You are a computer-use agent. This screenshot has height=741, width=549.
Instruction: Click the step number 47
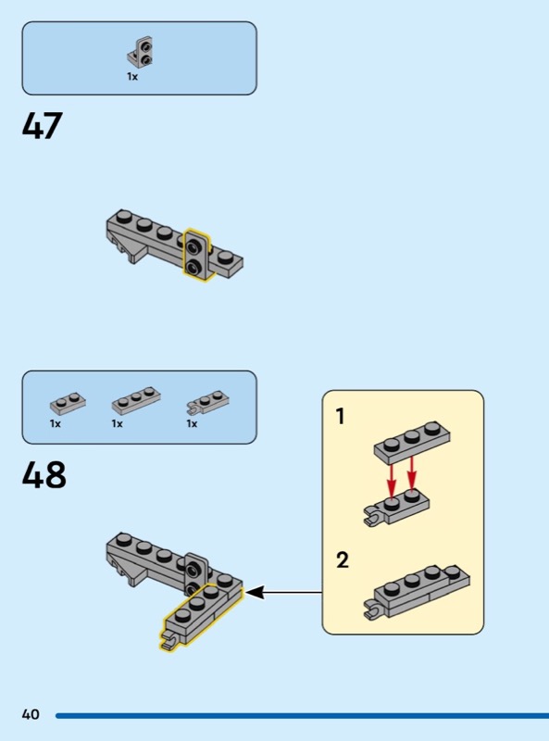click(42, 125)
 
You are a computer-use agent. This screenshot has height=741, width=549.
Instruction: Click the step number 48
click(44, 474)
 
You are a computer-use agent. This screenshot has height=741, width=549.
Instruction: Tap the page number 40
click(31, 714)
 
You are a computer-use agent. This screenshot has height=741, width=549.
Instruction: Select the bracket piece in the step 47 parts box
click(141, 52)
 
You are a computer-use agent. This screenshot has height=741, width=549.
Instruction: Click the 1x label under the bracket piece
click(132, 77)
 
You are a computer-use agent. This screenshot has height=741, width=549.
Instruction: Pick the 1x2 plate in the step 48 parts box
click(68, 403)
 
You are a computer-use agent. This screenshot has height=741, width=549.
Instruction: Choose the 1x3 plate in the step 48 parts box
click(136, 401)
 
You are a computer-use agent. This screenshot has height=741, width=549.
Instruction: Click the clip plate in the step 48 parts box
click(208, 401)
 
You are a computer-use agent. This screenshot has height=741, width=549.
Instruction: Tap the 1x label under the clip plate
click(192, 424)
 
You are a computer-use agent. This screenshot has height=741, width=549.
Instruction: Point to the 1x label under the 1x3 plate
click(118, 424)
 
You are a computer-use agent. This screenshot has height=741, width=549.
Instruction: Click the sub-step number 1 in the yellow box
click(340, 416)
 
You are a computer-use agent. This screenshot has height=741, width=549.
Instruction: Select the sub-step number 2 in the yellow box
click(342, 559)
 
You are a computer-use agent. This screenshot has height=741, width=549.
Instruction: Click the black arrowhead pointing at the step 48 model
click(255, 592)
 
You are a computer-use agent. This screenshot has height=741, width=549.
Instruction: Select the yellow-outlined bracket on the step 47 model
click(196, 255)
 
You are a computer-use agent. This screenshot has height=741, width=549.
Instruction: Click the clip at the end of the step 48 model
click(168, 640)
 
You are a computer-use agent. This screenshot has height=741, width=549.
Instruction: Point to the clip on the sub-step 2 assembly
click(373, 609)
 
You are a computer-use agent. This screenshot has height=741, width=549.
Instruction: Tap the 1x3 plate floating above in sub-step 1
click(412, 442)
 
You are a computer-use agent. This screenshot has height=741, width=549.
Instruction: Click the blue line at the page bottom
click(303, 715)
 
